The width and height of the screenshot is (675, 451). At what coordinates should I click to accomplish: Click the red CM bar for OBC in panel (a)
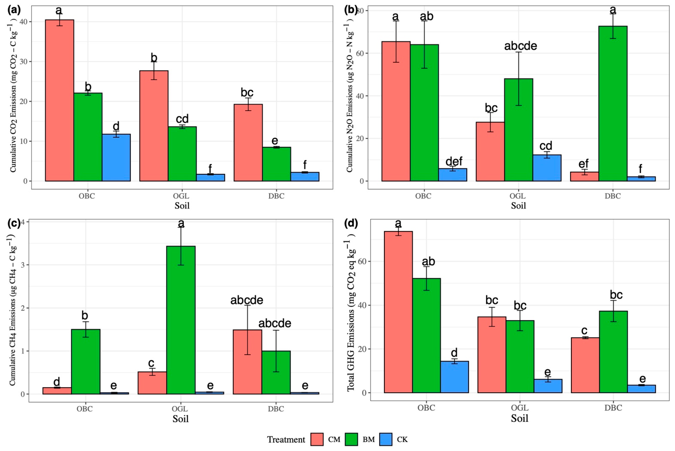tap(59, 100)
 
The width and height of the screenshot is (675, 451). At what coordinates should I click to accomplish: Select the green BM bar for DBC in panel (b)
tap(613, 104)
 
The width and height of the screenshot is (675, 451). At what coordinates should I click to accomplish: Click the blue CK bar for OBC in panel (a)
tap(116, 158)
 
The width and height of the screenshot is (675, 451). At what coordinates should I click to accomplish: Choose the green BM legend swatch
tap(351, 439)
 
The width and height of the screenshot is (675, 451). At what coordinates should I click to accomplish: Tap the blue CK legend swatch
tap(386, 439)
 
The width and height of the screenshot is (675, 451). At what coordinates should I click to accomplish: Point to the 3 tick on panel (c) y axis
tap(23, 265)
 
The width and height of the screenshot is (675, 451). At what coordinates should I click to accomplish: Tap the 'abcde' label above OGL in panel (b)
tap(521, 46)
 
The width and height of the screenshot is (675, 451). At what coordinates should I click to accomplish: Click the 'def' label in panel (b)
tap(454, 161)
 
